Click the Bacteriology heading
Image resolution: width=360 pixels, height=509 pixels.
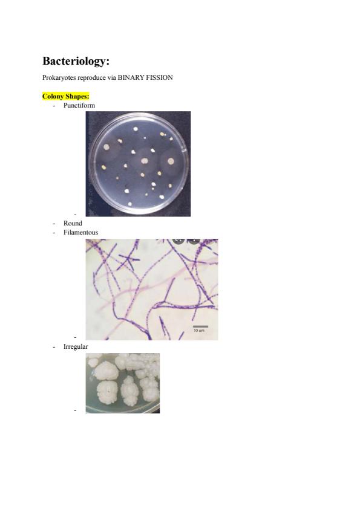click(76, 61)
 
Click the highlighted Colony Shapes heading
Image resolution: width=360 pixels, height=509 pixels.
click(65, 96)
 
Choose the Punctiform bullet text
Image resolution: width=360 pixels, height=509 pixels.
click(79, 105)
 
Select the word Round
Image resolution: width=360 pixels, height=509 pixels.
click(73, 223)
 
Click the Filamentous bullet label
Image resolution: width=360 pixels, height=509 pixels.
click(80, 232)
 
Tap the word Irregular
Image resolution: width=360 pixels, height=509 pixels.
click(76, 347)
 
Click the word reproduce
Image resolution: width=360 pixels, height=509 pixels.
click(90, 78)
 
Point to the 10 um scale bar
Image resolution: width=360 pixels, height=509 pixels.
click(200, 326)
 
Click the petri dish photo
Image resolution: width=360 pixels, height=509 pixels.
click(138, 164)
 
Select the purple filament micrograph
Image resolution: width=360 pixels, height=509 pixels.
click(152, 290)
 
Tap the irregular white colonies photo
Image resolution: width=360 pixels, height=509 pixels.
click(122, 383)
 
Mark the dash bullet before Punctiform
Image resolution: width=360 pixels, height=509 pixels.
click(54, 106)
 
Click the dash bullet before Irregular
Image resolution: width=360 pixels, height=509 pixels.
click(54, 347)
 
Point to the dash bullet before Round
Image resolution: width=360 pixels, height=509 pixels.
click(54, 223)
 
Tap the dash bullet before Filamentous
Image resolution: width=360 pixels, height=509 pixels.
click(54, 232)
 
